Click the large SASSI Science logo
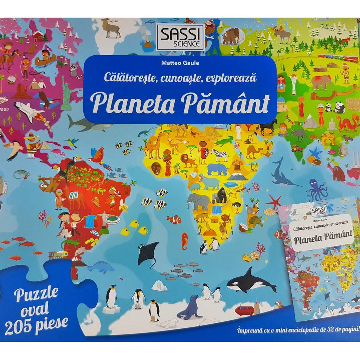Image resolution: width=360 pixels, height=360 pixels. [x=180, y=37]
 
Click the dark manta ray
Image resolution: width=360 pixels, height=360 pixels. [x=148, y=253]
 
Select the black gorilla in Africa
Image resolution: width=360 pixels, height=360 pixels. [x=219, y=195]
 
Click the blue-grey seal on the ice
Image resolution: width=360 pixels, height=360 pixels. [x=190, y=307]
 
